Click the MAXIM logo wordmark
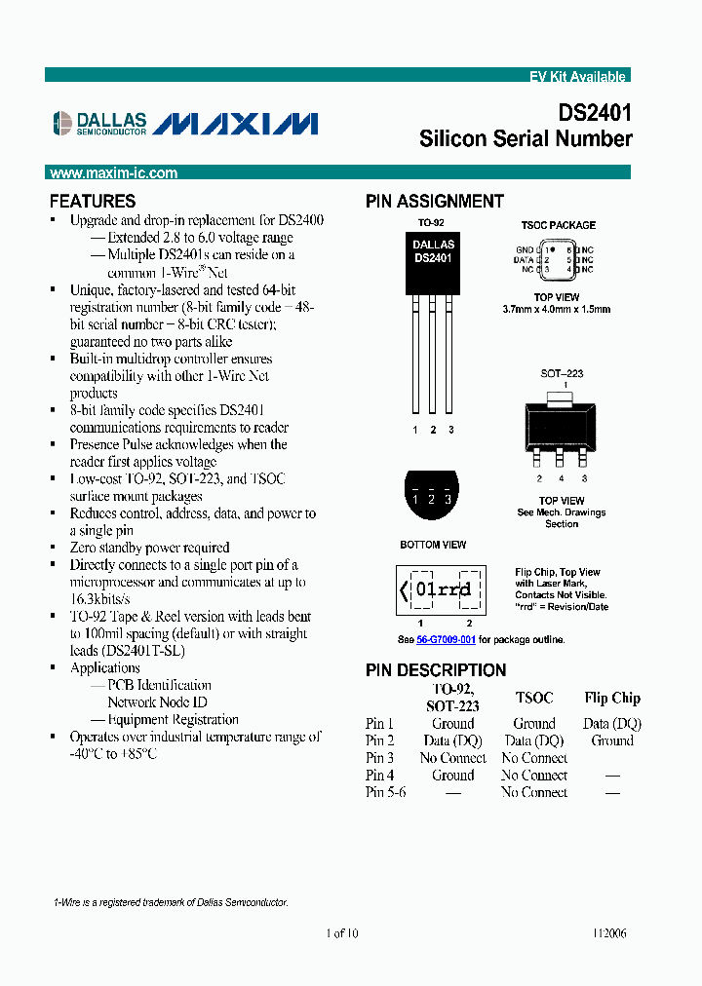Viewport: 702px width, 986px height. click(x=236, y=123)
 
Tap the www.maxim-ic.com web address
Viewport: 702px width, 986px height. click(x=113, y=173)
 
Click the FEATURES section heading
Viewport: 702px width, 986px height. click(x=93, y=202)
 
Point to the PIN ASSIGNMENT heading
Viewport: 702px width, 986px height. click(x=435, y=202)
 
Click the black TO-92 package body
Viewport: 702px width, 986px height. click(x=433, y=263)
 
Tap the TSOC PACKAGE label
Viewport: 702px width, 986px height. click(x=558, y=225)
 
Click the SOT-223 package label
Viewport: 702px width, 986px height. click(x=558, y=373)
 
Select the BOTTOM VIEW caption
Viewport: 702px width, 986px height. click(x=433, y=545)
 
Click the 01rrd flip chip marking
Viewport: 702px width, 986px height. click(x=441, y=589)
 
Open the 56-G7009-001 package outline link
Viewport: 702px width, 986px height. click(x=446, y=640)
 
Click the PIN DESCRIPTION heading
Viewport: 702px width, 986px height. click(x=436, y=670)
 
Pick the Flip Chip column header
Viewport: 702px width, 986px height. click(x=612, y=698)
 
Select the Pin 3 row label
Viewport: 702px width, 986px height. click(x=380, y=758)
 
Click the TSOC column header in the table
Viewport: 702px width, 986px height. click(x=534, y=698)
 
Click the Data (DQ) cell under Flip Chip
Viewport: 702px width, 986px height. click(x=612, y=724)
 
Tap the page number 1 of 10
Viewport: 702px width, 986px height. click(x=342, y=933)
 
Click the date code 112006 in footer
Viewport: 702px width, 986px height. click(x=608, y=933)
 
